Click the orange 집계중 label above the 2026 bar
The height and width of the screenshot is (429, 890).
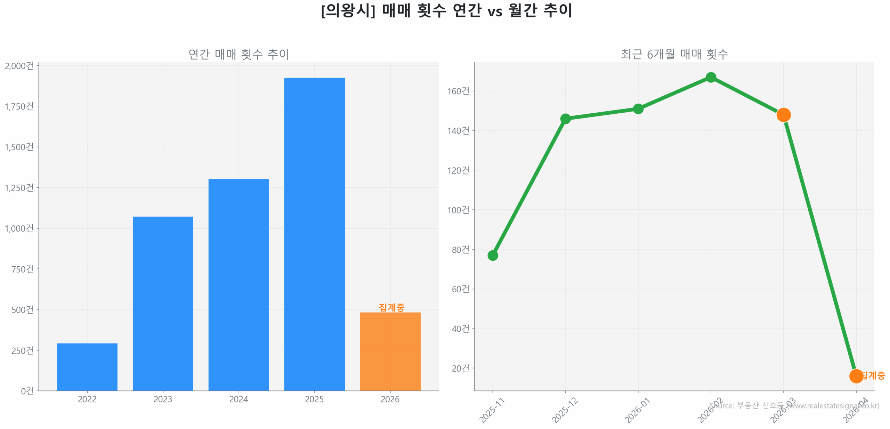click(391, 307)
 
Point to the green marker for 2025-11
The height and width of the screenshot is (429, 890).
click(492, 256)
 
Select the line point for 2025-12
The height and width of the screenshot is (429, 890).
click(565, 119)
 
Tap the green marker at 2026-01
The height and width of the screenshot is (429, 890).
click(638, 109)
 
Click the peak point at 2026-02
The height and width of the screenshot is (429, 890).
click(711, 77)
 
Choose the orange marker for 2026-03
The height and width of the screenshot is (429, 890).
click(783, 115)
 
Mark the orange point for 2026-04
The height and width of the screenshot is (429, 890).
click(856, 376)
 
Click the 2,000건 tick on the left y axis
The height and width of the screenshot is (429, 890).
click(19, 66)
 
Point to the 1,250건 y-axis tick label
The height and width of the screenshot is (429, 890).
click(19, 188)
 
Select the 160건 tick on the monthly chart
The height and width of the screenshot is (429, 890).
click(458, 91)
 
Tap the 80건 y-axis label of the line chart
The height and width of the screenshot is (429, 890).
click(460, 250)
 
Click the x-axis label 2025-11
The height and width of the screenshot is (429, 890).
click(492, 410)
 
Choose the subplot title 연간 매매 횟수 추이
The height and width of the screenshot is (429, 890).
click(238, 54)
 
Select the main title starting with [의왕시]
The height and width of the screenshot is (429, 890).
click(446, 10)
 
